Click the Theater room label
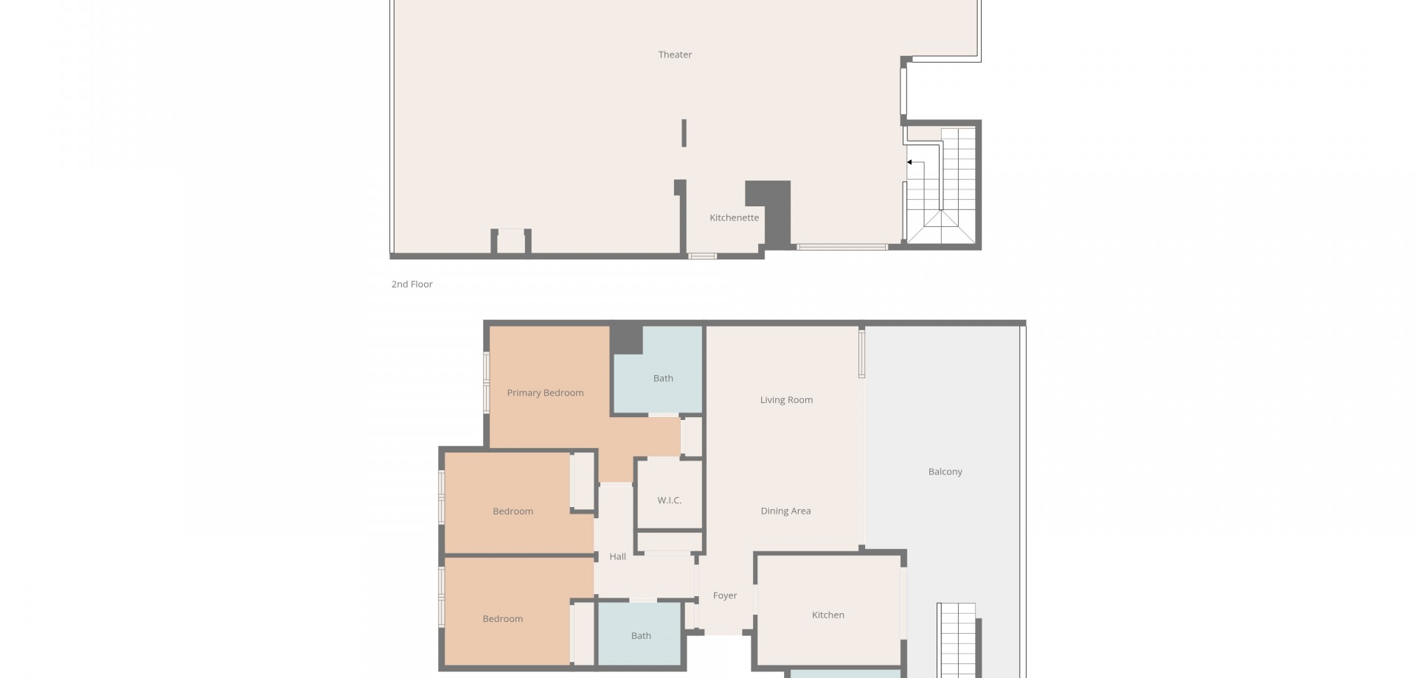click(675, 55)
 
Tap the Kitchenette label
click(734, 217)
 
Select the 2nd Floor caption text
click(412, 284)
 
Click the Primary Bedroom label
click(545, 393)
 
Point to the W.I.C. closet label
click(669, 500)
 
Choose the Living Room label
click(786, 400)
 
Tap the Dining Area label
click(785, 511)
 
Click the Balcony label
click(945, 472)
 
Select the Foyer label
click(725, 595)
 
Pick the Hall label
click(617, 556)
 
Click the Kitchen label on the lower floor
click(827, 615)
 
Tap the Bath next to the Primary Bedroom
click(663, 378)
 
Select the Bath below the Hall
click(641, 635)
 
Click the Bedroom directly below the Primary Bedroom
click(513, 511)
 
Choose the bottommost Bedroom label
click(502, 619)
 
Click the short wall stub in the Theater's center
click(684, 133)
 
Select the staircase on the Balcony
click(957, 640)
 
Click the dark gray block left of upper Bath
click(625, 339)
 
